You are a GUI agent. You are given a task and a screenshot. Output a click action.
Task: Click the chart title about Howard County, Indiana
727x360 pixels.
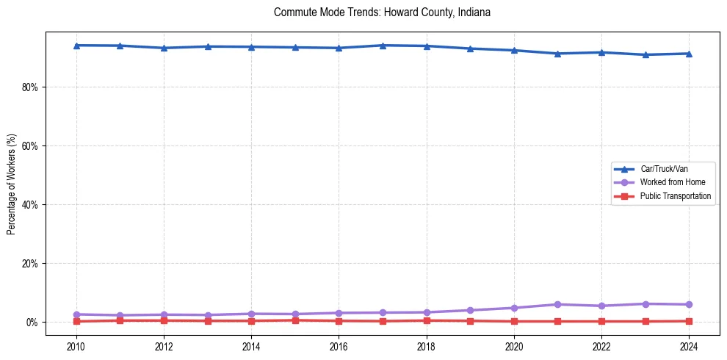pos(381,12)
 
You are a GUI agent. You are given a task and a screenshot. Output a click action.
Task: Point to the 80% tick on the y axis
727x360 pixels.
pos(30,87)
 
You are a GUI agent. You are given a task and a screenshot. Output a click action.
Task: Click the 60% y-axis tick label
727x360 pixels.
pos(30,145)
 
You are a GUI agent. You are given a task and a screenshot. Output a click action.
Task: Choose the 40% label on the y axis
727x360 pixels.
pos(30,204)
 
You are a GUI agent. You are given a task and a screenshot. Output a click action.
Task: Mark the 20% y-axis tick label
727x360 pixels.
pos(30,263)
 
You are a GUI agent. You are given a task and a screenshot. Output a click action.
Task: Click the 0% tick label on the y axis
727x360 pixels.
pos(32,323)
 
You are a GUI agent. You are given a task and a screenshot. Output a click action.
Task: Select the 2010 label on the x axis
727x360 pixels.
pos(76,346)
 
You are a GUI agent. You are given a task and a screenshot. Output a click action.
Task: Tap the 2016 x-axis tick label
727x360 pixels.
pos(339,346)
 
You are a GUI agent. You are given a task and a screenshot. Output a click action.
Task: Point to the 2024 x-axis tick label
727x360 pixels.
pos(689,346)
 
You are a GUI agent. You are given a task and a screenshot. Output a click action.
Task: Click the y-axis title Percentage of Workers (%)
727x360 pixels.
pos(12,184)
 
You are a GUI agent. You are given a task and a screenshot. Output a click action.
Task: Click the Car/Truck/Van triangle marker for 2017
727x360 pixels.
pos(383,46)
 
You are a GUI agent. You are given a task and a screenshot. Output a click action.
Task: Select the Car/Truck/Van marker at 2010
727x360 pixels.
pos(76,46)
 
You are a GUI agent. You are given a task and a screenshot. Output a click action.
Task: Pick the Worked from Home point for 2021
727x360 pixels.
pos(557,304)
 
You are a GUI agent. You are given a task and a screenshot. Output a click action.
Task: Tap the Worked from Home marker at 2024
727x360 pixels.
pos(689,304)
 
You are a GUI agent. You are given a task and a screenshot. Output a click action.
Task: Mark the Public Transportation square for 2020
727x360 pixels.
pos(514,321)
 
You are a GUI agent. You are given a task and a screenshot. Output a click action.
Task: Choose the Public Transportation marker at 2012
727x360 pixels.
pos(164,320)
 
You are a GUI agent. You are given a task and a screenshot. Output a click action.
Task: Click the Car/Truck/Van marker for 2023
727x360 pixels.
pos(645,54)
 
